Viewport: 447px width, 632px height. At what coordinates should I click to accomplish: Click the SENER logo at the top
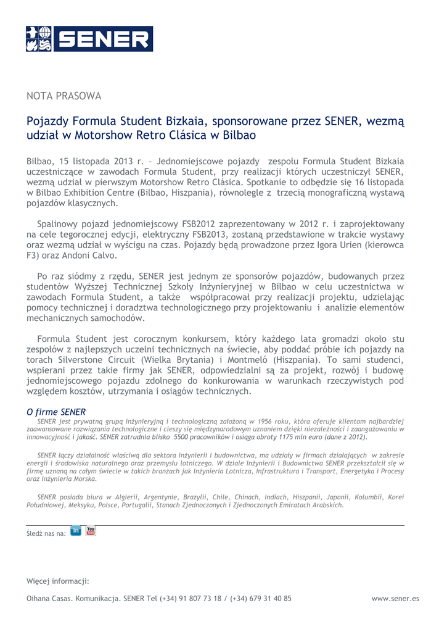coord(89,38)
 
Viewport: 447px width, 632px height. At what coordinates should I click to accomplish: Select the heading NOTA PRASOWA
coord(64,96)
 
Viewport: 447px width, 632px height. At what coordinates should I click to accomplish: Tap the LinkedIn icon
coord(76,531)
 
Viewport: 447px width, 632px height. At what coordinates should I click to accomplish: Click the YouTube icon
coord(91,531)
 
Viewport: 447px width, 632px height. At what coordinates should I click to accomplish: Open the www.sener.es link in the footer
coord(395,598)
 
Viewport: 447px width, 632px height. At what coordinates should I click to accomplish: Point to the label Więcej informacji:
coord(58,581)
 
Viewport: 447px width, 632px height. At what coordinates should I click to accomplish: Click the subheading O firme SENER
coord(56,412)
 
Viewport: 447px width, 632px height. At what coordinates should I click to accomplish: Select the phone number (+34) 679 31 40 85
coord(261,598)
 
